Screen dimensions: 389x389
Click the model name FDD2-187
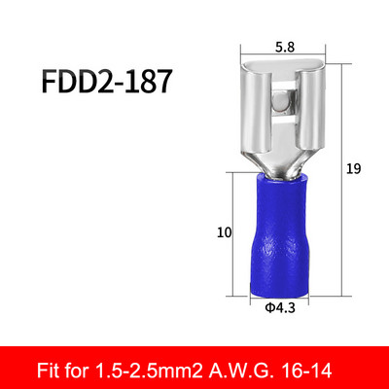(x=105, y=81)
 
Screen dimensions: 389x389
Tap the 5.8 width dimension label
(x=285, y=48)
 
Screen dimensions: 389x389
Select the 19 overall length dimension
(x=353, y=169)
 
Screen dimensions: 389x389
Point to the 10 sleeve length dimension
(x=225, y=232)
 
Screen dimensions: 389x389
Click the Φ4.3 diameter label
(x=280, y=307)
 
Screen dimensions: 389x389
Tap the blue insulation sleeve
(x=279, y=234)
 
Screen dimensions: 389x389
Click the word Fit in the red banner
(x=47, y=371)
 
